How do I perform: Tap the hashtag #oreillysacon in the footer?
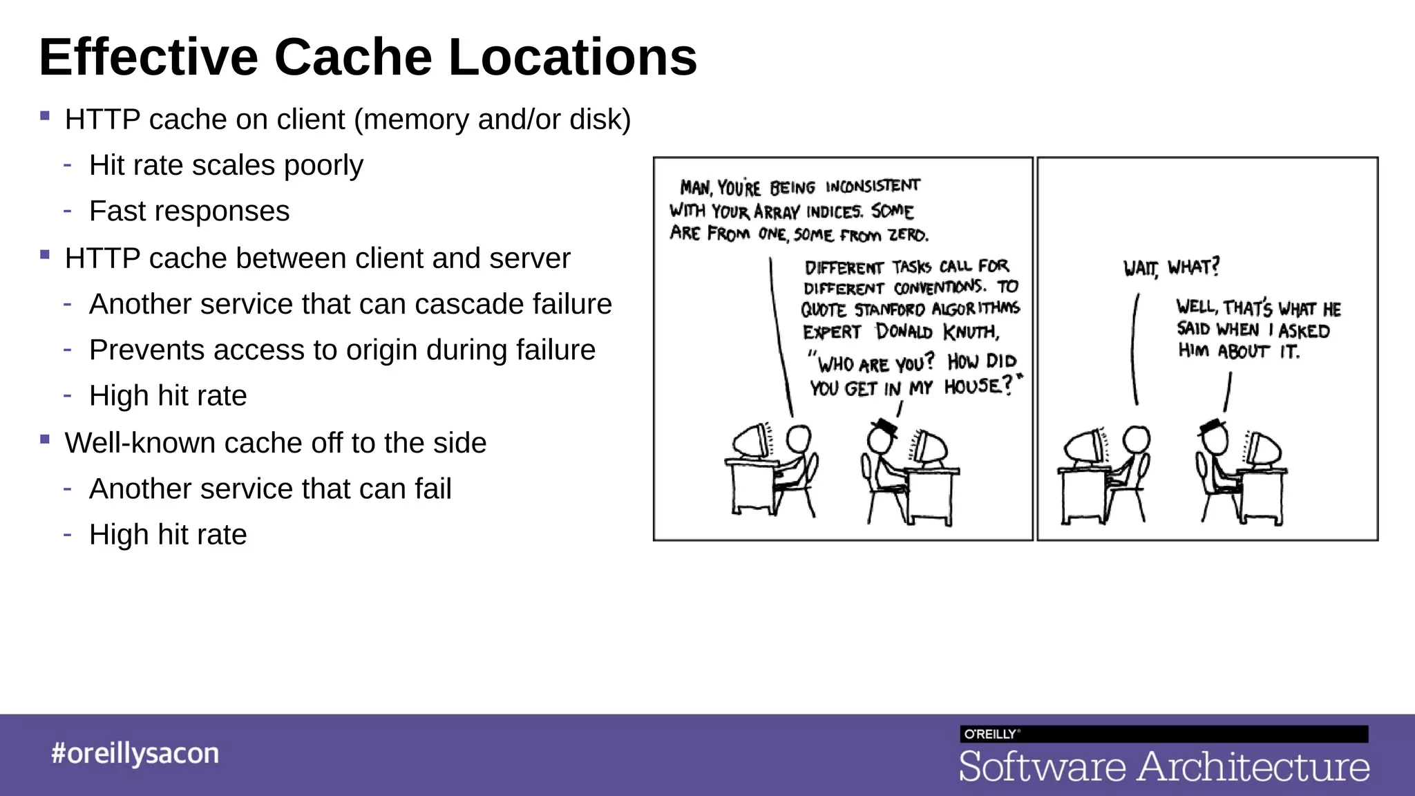135,753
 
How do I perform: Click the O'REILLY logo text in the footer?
990,734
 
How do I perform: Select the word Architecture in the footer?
1253,767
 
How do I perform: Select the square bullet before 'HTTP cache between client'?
45,254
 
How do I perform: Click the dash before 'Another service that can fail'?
67,489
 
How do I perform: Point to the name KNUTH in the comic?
971,332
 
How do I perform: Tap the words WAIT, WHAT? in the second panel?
1171,267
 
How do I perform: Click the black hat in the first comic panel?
885,426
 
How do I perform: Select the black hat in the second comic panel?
1213,426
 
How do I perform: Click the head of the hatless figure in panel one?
798,438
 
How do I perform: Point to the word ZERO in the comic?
908,235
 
